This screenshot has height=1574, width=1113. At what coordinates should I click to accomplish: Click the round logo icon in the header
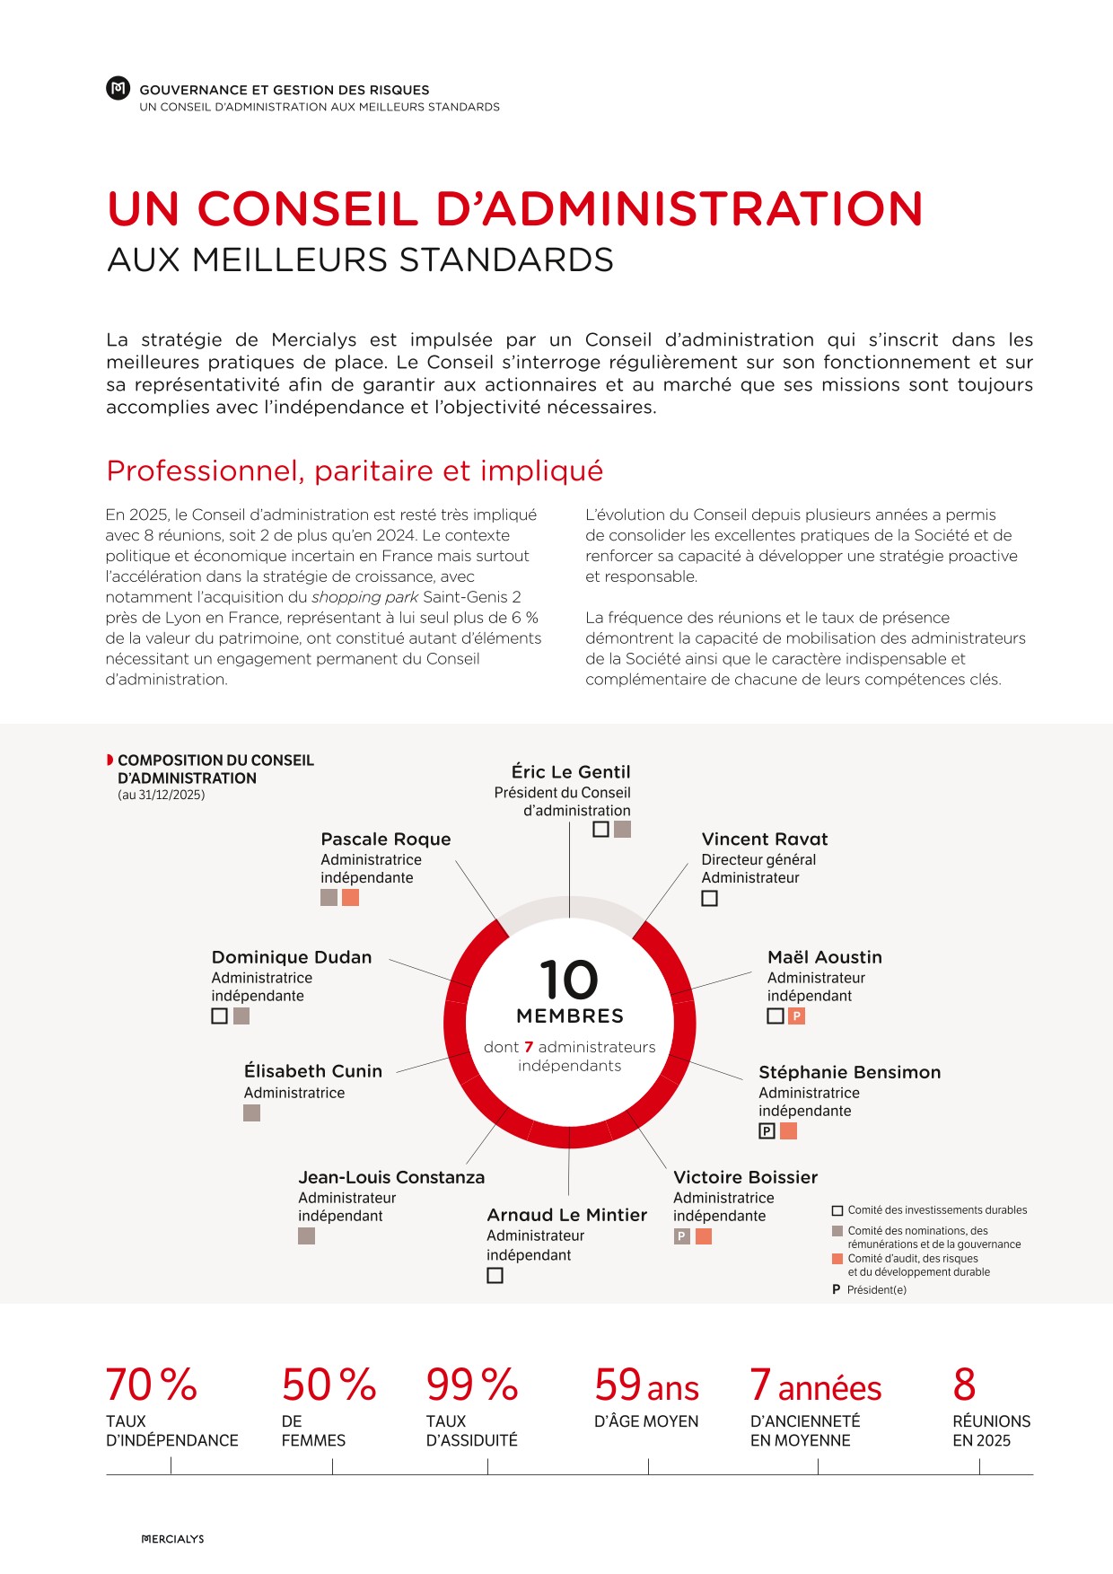(x=118, y=89)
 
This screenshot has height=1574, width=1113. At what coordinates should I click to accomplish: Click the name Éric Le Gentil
(x=571, y=771)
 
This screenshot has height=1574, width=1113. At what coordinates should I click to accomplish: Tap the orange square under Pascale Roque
(x=350, y=897)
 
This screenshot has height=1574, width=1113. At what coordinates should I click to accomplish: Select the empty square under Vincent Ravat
(x=709, y=898)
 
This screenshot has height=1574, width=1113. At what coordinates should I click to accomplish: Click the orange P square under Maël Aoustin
(x=796, y=1016)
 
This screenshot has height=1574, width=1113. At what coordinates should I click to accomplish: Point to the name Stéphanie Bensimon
(x=849, y=1072)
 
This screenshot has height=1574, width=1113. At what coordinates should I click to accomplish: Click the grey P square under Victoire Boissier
(x=682, y=1236)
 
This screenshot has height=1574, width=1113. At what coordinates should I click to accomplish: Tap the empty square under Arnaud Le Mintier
(x=495, y=1275)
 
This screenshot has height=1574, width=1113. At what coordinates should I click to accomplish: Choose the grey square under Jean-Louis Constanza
(x=306, y=1236)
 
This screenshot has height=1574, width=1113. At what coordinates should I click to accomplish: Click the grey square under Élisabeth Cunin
(x=251, y=1112)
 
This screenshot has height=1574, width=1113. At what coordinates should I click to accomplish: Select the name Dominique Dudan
(x=292, y=957)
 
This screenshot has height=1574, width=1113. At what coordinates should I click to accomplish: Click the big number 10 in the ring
(x=569, y=980)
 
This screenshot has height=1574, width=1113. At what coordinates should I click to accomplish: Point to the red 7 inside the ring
(x=529, y=1047)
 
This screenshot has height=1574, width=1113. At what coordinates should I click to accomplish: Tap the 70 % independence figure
(x=151, y=1385)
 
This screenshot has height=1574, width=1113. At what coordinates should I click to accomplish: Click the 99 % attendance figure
(x=472, y=1385)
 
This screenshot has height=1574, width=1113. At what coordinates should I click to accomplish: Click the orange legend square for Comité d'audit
(x=837, y=1259)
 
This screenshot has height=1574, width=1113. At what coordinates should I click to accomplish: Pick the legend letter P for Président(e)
(x=837, y=1289)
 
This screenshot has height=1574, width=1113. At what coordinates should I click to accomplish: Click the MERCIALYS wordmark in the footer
(x=173, y=1539)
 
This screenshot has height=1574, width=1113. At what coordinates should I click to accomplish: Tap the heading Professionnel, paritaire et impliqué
(x=355, y=470)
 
